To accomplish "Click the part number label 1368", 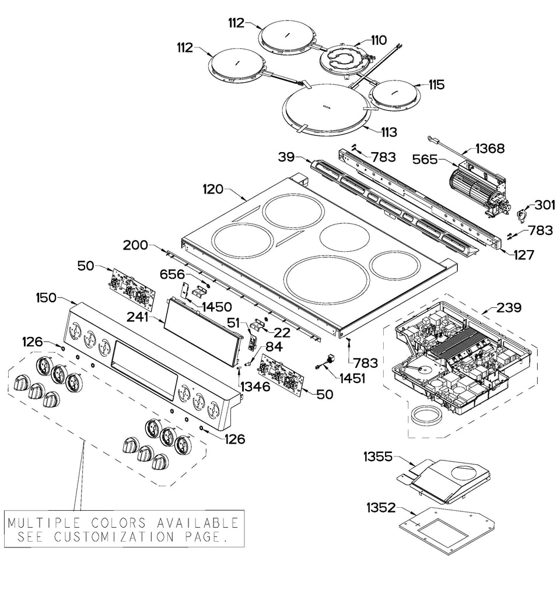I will pyautogui.click(x=491, y=148).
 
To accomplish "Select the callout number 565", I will pyautogui.click(x=425, y=159).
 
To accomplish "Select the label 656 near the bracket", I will pyautogui.click(x=173, y=273).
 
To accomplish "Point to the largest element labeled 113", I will pyautogui.click(x=325, y=106).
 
